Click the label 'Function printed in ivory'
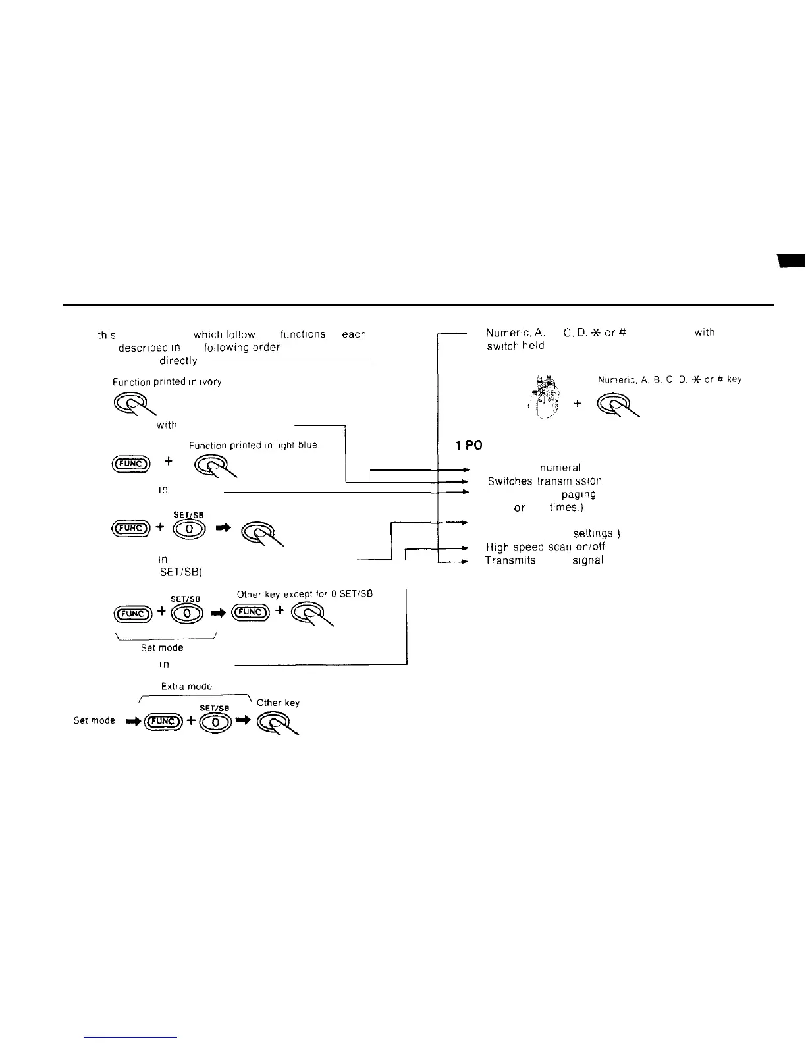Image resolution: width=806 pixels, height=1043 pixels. tap(167, 382)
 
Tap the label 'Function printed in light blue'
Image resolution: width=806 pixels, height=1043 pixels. tap(253, 446)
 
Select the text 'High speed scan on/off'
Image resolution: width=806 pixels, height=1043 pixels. tap(545, 547)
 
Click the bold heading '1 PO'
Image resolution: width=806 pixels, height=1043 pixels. tap(469, 446)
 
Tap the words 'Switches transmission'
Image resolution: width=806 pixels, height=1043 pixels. tap(545, 481)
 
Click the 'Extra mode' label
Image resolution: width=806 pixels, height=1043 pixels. tap(186, 686)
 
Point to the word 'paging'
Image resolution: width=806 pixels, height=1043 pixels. tap(578, 494)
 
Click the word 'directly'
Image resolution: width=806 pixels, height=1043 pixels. tap(178, 361)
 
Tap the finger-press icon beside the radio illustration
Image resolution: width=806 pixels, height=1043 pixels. tap(618, 406)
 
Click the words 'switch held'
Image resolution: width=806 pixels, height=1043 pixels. tap(515, 346)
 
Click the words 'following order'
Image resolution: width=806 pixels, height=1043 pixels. tap(242, 347)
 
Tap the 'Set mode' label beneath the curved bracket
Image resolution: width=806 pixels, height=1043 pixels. tap(161, 648)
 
